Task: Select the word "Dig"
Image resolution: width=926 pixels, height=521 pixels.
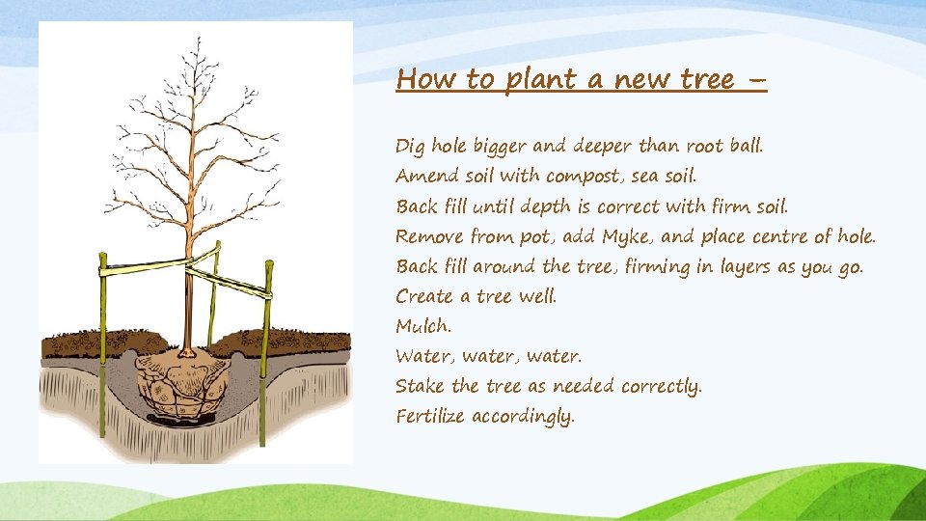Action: point(410,147)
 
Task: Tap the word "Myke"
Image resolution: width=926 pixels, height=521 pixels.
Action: point(628,236)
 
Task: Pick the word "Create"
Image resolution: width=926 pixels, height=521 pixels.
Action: point(426,296)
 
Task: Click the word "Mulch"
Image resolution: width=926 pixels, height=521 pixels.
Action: point(422,326)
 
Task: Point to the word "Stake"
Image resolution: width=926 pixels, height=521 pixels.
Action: point(421,386)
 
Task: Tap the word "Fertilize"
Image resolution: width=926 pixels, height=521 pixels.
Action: point(430,417)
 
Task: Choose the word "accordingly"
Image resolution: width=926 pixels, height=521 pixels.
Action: point(523,418)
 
